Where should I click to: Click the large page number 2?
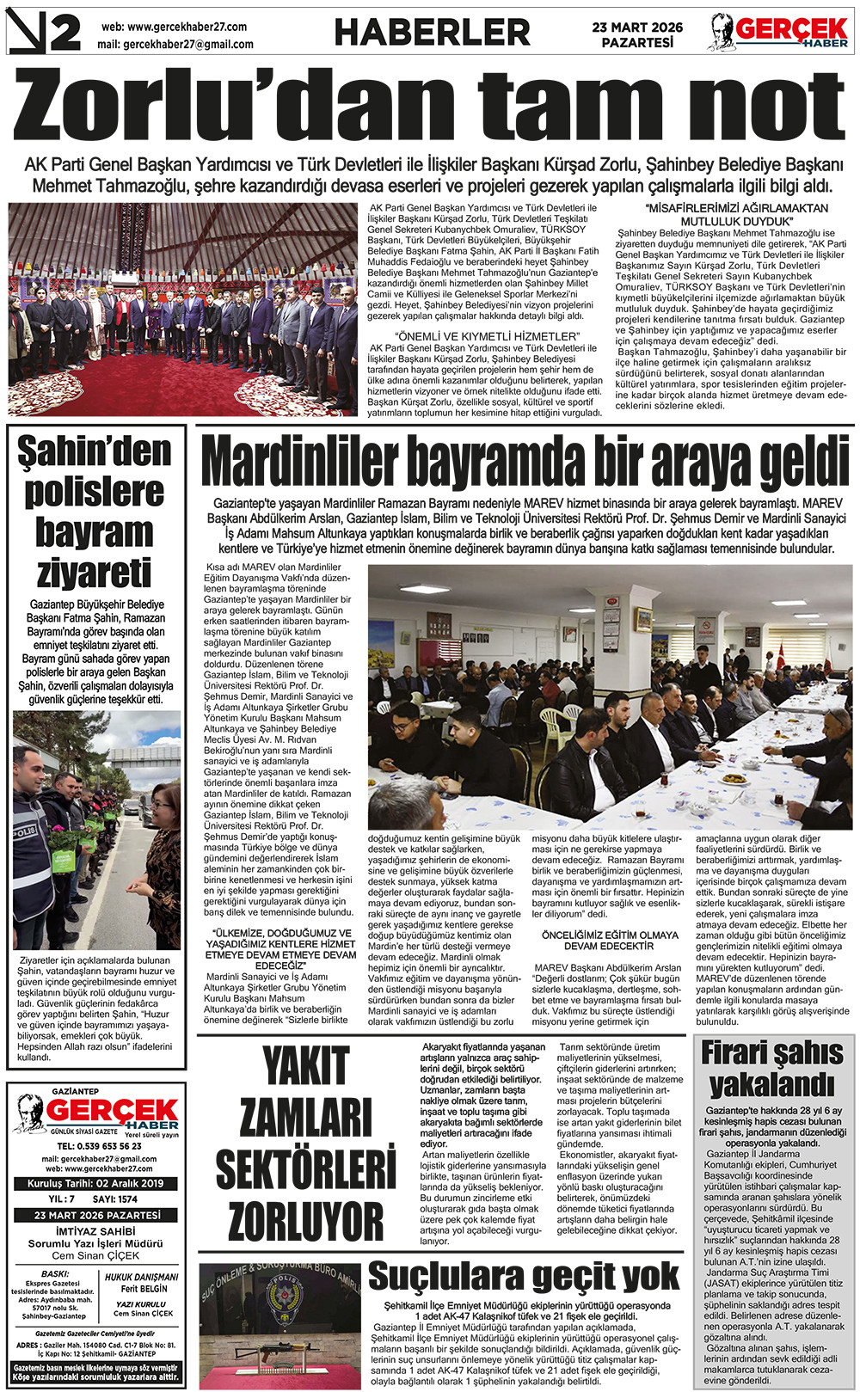pyautogui.click(x=64, y=33)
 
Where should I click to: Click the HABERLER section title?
pyautogui.click(x=432, y=33)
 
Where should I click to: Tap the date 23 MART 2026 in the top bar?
pyautogui.click(x=637, y=28)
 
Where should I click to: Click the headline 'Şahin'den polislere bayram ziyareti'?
pyautogui.click(x=95, y=512)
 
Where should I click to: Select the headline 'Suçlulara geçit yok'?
pyautogui.click(x=524, y=1277)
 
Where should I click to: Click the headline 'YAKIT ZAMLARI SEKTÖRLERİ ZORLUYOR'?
pyautogui.click(x=305, y=1144)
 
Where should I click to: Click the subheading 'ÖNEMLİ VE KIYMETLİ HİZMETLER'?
pyautogui.click(x=487, y=335)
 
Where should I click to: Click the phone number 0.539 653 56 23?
pyautogui.click(x=99, y=1146)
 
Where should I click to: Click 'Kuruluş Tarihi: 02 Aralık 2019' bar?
pyautogui.click(x=95, y=1183)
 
